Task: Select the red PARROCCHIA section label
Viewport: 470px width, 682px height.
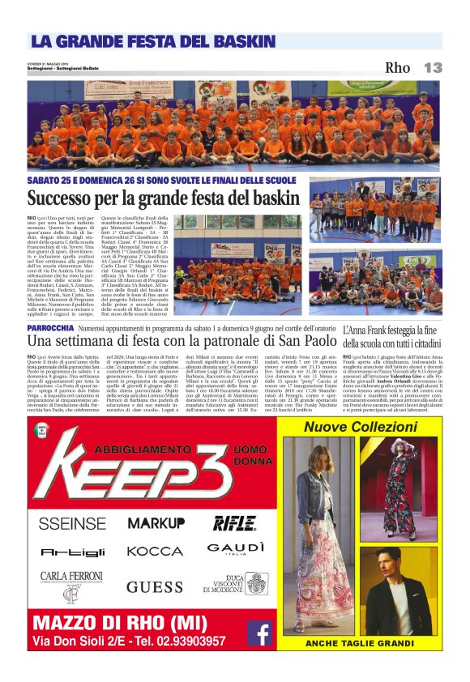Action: coord(53,327)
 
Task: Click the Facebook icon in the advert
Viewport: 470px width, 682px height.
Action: coord(259,632)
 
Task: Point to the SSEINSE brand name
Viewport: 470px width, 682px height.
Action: coord(71,523)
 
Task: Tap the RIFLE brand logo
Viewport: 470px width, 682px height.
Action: coord(234,522)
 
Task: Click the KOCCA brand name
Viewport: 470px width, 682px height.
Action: coord(155,552)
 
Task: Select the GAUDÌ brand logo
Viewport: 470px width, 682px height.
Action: coord(236,549)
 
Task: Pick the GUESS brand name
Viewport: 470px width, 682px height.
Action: coord(155,586)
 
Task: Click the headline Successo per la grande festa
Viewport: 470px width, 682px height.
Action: coord(162,198)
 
